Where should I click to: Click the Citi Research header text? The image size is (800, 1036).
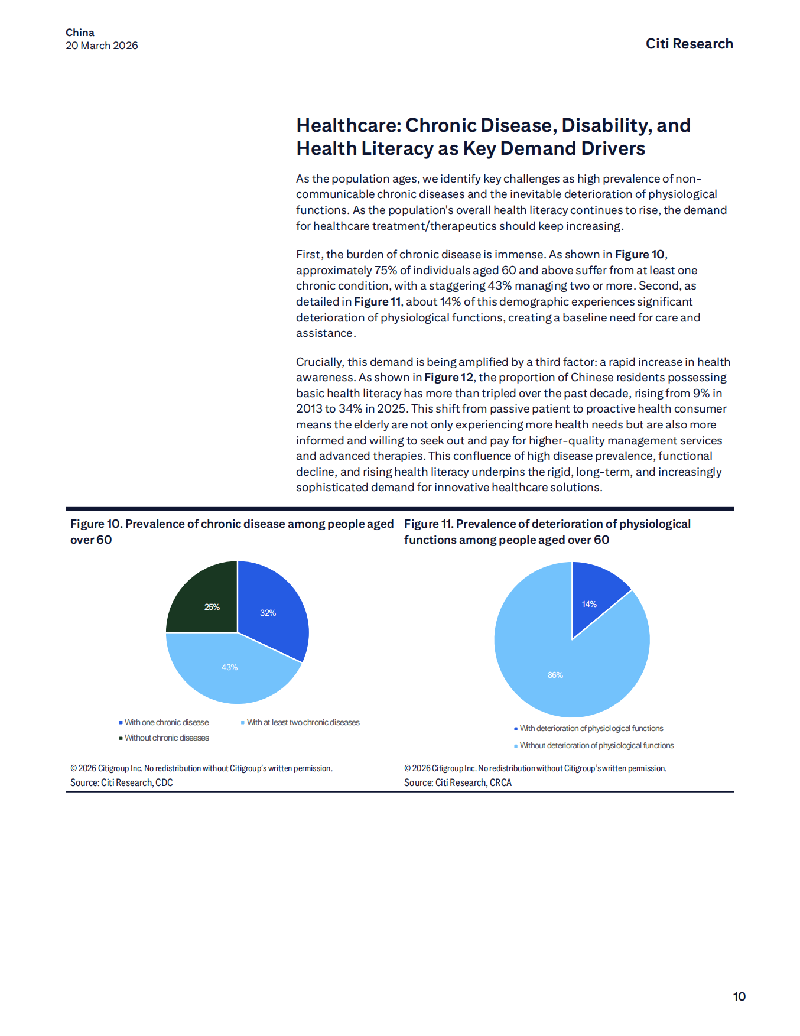coord(689,44)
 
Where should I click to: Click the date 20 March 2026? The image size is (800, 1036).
coord(102,46)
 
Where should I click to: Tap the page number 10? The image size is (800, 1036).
coord(739,996)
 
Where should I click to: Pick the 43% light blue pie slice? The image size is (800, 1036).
coord(233,671)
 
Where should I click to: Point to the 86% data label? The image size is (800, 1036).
coord(555,675)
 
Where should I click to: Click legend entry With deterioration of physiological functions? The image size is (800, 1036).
coord(591,728)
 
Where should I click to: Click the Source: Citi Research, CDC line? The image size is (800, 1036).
coord(122,782)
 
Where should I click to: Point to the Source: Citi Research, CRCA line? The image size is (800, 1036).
coord(458,782)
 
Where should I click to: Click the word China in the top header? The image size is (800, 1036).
coord(80,33)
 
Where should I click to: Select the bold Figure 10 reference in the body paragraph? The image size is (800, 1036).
coord(640,254)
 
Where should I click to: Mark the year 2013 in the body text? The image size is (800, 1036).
coord(309,408)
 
